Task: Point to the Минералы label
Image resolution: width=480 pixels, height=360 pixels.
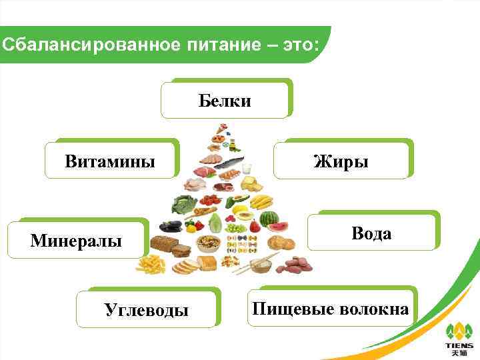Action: (76, 241)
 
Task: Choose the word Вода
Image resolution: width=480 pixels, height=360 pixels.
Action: (371, 233)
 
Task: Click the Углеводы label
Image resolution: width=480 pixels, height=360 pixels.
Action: (146, 309)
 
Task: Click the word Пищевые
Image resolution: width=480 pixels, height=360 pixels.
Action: (292, 309)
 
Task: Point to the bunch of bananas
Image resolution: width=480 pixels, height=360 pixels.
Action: (261, 201)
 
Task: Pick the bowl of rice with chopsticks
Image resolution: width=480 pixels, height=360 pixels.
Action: (261, 265)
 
